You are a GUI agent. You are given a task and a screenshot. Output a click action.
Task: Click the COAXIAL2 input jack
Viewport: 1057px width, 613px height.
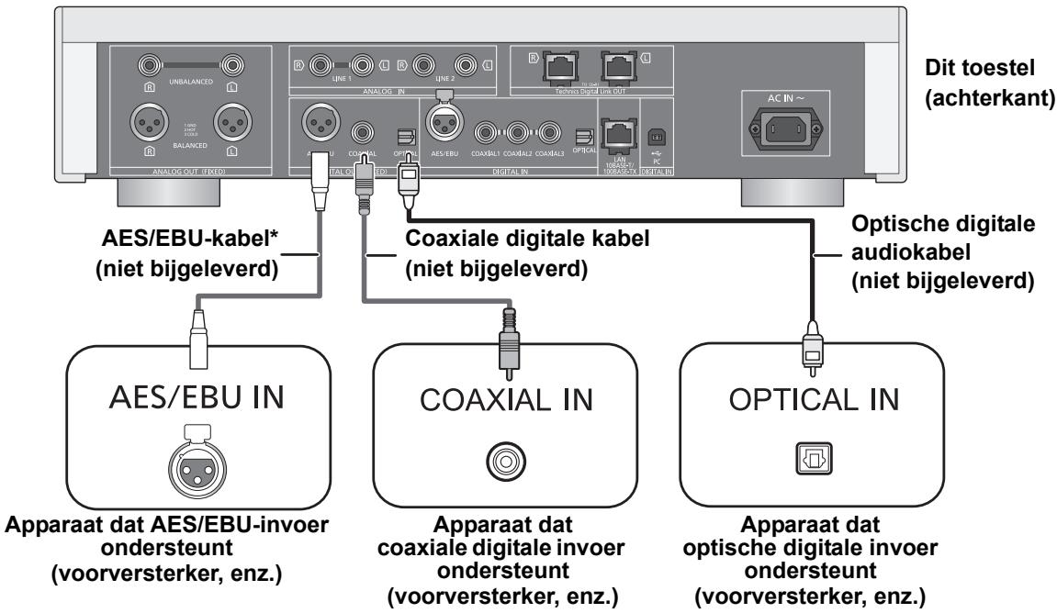(x=519, y=131)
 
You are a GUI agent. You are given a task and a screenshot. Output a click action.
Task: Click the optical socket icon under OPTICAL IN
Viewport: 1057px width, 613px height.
(x=814, y=453)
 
